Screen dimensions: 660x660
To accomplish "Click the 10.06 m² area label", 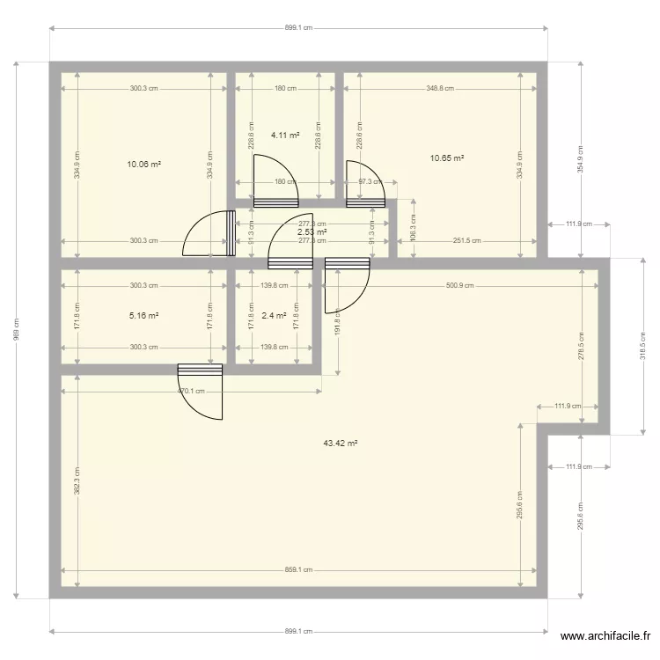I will (144, 165).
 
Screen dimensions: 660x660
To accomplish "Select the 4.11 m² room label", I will (285, 136).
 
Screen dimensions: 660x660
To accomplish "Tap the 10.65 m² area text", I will (446, 158).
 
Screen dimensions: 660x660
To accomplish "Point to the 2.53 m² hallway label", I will (312, 232).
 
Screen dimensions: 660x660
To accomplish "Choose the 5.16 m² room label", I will (144, 315).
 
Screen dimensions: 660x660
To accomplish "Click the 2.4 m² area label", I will (275, 315).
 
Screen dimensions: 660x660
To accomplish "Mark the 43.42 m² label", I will (341, 444).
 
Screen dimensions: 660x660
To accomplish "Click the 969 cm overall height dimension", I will (16, 331).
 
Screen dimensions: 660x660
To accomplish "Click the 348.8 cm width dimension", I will (440, 88).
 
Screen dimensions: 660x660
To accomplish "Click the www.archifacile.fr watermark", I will (606, 636).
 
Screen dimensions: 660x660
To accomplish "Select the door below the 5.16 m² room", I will (202, 392).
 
